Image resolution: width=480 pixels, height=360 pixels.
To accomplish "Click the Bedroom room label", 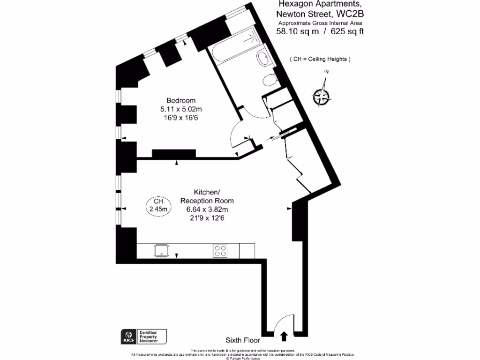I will click(181, 100).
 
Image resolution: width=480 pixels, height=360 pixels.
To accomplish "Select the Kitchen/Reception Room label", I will click(207, 196).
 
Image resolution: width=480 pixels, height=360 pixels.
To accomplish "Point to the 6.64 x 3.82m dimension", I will click(207, 209).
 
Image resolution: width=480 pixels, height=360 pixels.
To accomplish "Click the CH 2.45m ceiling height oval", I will click(158, 205).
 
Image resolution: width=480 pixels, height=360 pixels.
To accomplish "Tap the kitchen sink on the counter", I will click(161, 251).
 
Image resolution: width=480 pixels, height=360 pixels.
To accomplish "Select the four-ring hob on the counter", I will click(220, 251).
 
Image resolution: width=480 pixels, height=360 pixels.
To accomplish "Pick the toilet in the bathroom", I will click(270, 80).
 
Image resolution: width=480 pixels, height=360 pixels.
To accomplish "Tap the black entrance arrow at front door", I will click(284, 336).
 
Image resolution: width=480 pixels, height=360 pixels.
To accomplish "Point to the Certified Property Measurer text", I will click(150, 336).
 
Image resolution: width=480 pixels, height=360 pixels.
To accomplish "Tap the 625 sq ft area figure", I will click(347, 32).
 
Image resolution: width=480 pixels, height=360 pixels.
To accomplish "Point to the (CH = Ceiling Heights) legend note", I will click(320, 59).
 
